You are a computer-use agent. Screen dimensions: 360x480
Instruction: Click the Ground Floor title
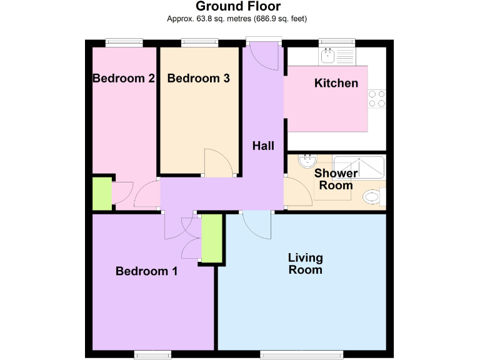pos(238,6)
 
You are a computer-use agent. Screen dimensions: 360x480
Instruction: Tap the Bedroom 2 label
pos(124,79)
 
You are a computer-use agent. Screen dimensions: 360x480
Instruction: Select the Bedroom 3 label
pos(198,79)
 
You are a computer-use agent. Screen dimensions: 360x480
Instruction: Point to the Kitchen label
pos(336,83)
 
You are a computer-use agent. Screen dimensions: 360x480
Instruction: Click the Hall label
pos(263,146)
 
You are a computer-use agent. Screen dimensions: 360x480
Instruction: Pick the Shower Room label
pos(336,179)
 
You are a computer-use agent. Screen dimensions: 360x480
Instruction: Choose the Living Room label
pos(305,264)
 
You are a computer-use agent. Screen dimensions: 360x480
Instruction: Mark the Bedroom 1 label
pos(147,271)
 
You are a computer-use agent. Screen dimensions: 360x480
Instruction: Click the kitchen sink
pos(327,57)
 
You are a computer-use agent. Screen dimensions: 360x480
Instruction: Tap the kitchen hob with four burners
pos(377,99)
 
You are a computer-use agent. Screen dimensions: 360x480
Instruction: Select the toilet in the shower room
pos(373,197)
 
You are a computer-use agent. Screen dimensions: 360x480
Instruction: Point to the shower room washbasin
pos(306,161)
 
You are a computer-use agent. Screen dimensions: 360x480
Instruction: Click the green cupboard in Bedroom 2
pos(102,194)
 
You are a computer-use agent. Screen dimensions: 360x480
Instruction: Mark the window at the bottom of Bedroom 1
pos(152,356)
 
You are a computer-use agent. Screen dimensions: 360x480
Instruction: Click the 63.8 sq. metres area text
pos(206,19)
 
